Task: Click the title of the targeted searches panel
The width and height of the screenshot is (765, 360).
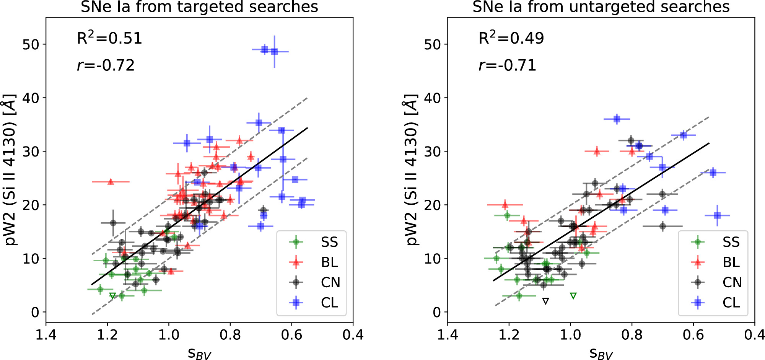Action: point(199,7)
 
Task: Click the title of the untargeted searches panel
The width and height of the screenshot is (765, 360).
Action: point(601,7)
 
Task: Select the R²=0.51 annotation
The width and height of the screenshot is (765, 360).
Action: point(109,38)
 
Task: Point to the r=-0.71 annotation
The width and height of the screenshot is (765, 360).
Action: point(507,65)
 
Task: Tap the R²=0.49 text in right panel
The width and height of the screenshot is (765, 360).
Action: point(511,38)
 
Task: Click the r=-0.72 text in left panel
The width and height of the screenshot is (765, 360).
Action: point(106,65)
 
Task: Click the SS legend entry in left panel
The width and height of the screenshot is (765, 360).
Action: point(329,242)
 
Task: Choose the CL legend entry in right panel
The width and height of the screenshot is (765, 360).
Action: point(731,303)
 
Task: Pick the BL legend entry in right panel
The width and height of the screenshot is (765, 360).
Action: point(731,262)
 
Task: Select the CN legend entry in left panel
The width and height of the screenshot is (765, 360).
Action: point(330,283)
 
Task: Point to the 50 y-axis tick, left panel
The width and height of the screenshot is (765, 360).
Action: point(31,44)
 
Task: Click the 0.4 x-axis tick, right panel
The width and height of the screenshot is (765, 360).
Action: point(754,335)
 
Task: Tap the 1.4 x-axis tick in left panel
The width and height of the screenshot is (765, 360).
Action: point(46,335)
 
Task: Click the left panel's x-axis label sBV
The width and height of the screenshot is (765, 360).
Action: point(199,353)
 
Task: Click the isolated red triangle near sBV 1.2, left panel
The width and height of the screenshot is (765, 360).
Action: point(111,182)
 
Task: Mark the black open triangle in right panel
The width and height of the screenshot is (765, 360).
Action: point(546,301)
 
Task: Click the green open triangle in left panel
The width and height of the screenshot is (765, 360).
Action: point(112,296)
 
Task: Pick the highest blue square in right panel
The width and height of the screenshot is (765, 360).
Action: point(617,119)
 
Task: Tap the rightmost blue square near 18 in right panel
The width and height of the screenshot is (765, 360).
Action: point(717,215)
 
